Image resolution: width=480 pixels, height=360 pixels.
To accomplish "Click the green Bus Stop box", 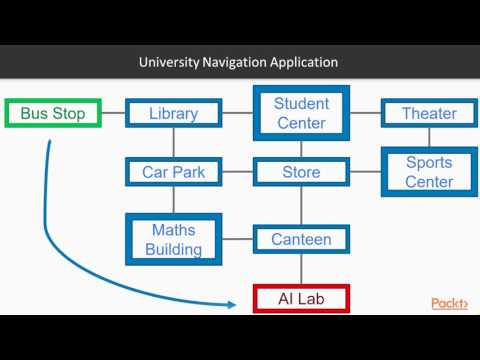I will click(54, 114).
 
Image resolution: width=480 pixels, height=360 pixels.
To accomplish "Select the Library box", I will click(173, 114).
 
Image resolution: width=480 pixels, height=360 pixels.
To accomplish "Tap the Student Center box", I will click(300, 113).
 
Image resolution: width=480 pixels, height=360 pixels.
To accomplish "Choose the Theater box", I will click(428, 114).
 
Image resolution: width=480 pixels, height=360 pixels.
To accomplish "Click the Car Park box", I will click(173, 172).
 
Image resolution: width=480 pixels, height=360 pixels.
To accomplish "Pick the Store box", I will click(300, 172).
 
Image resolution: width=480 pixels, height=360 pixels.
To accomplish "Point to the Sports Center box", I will click(428, 172).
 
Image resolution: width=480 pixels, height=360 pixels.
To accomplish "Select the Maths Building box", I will click(173, 239).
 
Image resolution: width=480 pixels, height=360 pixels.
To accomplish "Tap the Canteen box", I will click(300, 239).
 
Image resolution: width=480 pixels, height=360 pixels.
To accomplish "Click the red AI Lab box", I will click(300, 298).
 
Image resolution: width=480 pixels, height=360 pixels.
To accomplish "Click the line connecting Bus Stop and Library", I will click(113, 114).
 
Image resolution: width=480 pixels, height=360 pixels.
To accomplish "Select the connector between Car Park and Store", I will click(236, 172).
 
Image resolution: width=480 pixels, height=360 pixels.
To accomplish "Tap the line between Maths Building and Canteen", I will click(236, 239).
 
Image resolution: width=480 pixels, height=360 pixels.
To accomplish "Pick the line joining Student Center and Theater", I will click(365, 114).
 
